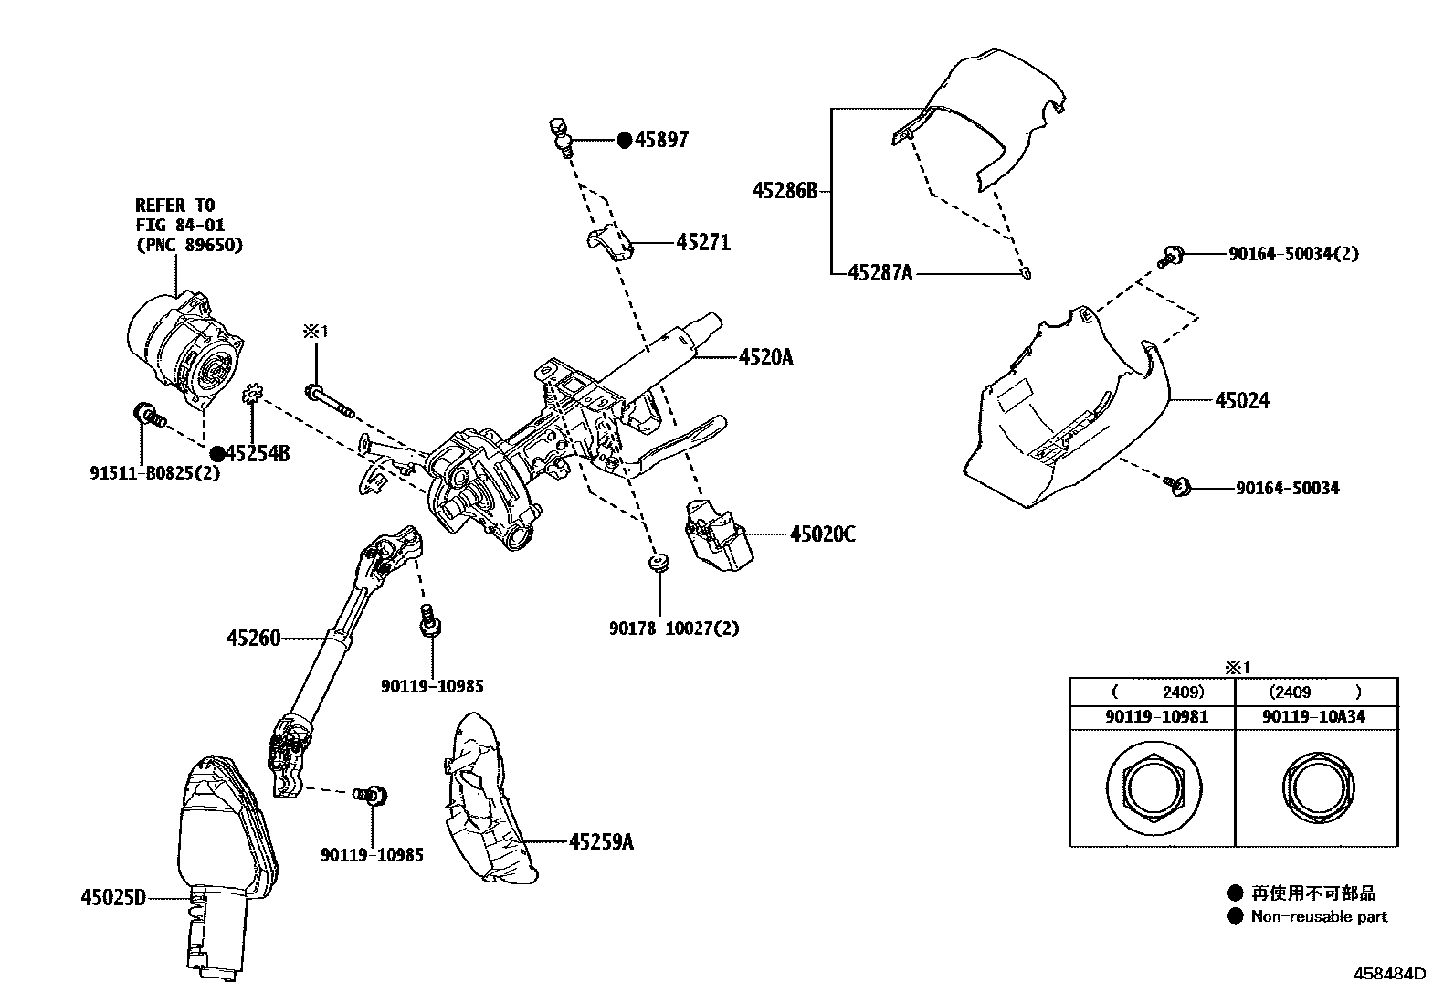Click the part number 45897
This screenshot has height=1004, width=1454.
point(662,140)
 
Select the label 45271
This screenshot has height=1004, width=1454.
point(703,243)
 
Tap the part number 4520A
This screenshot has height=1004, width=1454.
point(765,357)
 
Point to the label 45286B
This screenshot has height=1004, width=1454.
point(785,191)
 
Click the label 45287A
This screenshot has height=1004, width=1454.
point(880,272)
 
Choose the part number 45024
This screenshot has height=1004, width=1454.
point(1242,400)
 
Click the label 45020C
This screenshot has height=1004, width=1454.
point(822,534)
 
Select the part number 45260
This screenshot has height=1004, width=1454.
point(253,639)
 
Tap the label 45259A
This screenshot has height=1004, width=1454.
point(600,841)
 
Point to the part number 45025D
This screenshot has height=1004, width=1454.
point(113,897)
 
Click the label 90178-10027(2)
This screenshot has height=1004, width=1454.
point(674,629)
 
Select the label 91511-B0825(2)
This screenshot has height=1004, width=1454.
point(155,473)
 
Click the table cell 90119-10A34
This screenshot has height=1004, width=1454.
point(1314,717)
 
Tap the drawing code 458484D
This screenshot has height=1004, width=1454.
point(1388,974)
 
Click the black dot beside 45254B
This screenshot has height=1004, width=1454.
point(216,453)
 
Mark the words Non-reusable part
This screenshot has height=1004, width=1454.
point(1318,916)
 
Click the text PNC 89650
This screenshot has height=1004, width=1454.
point(189,245)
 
